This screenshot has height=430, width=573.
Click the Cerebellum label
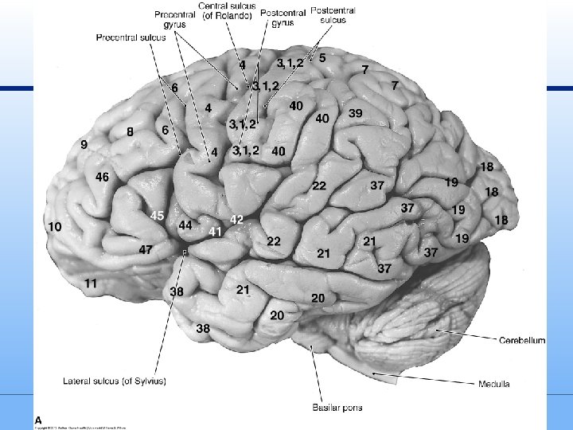[x=522, y=340]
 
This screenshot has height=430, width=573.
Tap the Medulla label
[x=494, y=384]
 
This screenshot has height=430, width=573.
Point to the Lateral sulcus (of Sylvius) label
[x=115, y=381]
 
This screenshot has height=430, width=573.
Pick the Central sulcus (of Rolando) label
[x=227, y=12]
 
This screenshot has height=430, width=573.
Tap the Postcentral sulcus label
[x=333, y=15]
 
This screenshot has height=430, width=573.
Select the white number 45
[x=157, y=216]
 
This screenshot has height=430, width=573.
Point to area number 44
[x=185, y=225]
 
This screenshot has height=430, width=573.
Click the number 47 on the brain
[x=146, y=249]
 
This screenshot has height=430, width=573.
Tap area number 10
[x=54, y=226]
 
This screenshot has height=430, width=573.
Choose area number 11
[x=91, y=282]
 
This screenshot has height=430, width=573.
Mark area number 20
[x=277, y=315]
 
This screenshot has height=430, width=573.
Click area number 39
[x=356, y=113]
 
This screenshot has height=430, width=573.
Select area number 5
[x=322, y=57]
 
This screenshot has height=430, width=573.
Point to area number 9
[x=84, y=144]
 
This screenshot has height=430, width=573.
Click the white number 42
[x=236, y=218]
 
